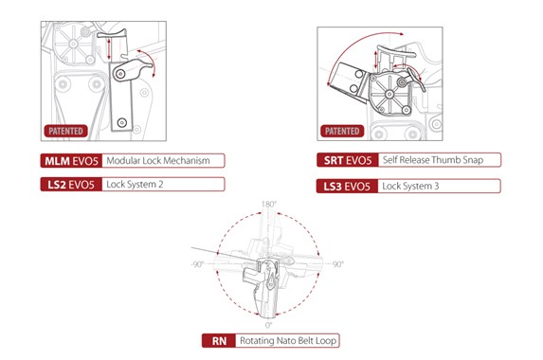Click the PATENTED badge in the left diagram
click(65, 131)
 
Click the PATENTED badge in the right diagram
click(342, 131)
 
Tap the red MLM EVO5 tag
click(72, 161)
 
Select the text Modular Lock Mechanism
click(158, 161)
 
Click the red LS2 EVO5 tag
click(72, 185)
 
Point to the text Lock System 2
click(135, 184)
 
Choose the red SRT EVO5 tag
click(348, 160)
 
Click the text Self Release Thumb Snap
click(433, 160)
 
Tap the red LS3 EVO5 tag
click(347, 187)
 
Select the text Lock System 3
click(410, 186)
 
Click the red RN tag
click(219, 341)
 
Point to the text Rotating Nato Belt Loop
click(288, 341)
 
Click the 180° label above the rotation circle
click(269, 205)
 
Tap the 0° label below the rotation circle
click(269, 325)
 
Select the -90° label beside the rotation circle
click(197, 264)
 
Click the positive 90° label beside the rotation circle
click(338, 264)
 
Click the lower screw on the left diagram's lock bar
click(122, 122)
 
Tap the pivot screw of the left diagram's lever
click(120, 74)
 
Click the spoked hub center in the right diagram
click(389, 94)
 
